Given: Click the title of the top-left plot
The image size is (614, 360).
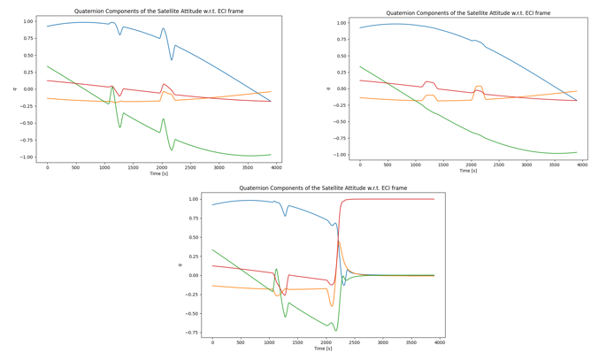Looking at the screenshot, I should pyautogui.click(x=158, y=11).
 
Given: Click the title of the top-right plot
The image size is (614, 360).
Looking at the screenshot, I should pyautogui.click(x=468, y=13).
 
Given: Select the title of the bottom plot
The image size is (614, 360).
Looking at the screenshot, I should pyautogui.click(x=323, y=188).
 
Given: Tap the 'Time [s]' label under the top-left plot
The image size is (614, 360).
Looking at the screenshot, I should pyautogui.click(x=158, y=174).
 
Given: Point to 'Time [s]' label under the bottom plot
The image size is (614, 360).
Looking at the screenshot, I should pyautogui.click(x=323, y=349).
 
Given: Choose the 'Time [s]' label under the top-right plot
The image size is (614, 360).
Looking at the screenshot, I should pyautogui.click(x=468, y=171).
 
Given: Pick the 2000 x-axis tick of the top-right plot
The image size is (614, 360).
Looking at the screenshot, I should pyautogui.click(x=472, y=165).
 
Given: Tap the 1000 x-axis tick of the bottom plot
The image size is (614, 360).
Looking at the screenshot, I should pyautogui.click(x=269, y=342).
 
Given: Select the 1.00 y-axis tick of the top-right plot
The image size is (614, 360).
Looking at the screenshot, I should pyautogui.click(x=342, y=23).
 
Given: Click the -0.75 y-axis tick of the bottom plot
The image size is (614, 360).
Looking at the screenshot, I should pyautogui.click(x=191, y=333).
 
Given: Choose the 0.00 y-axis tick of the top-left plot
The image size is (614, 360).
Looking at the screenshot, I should pyautogui.click(x=28, y=88).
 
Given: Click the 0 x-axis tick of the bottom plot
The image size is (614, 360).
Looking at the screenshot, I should pyautogui.click(x=212, y=342).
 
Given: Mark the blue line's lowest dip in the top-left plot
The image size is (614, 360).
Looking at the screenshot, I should pyautogui.click(x=172, y=60).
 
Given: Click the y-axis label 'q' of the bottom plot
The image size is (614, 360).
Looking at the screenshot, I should pyautogui.click(x=180, y=264).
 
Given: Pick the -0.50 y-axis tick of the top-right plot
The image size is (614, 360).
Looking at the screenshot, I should pyautogui.click(x=341, y=121).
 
